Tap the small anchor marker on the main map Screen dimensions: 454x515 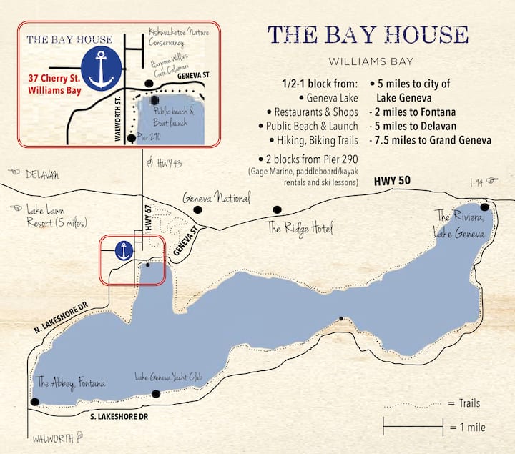click(124, 251)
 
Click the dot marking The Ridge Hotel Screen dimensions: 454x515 click(277, 209)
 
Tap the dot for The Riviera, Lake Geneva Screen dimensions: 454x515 click(484, 207)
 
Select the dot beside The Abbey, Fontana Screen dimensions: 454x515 click(34, 402)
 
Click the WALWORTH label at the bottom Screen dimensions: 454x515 click(53, 438)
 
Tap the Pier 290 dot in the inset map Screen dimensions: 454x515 click(130, 137)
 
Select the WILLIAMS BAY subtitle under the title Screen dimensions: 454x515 click(368, 61)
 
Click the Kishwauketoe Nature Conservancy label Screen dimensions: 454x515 click(176, 36)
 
